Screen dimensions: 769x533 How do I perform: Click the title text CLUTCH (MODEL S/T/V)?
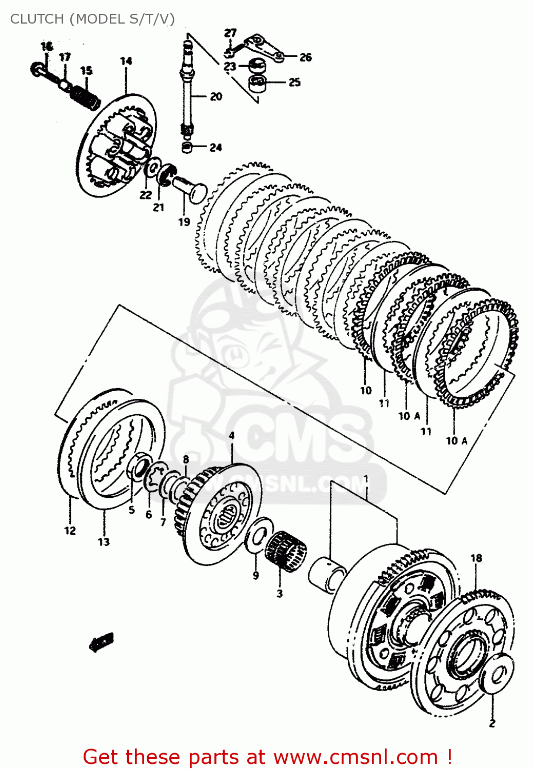92,19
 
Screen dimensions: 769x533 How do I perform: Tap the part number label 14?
126,61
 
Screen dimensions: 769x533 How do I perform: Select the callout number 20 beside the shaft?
216,96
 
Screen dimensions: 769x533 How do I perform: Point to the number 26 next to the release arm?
306,57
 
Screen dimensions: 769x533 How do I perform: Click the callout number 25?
294,82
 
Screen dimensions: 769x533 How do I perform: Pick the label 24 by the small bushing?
215,148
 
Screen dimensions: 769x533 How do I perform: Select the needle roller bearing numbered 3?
285,551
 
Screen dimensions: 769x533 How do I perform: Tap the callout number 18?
476,558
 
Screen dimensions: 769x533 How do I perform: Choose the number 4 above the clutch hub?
231,436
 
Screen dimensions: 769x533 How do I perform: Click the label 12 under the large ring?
70,531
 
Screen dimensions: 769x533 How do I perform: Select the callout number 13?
104,542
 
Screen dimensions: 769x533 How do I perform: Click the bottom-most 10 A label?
456,440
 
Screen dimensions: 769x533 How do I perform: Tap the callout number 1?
366,479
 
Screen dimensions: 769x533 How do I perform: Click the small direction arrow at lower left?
101,641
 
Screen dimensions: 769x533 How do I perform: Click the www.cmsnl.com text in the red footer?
356,757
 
